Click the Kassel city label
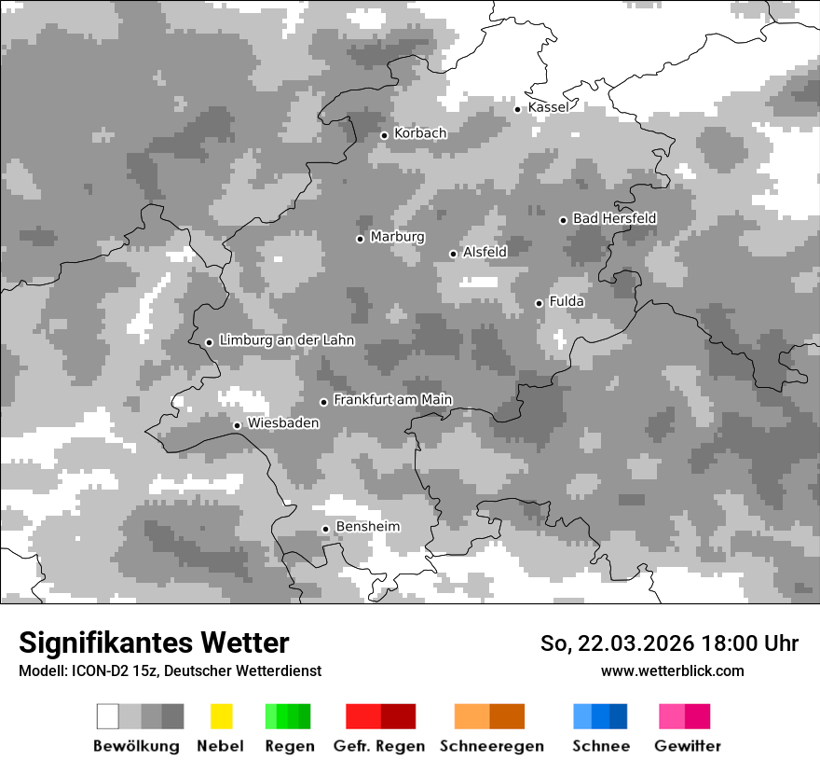point(548,107)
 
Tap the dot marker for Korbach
point(384,135)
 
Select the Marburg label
point(397,237)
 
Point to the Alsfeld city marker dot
point(453,254)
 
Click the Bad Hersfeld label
point(614,218)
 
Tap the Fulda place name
point(567,301)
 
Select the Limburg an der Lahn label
point(286,340)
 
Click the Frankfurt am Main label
point(392,400)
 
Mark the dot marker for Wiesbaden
point(237,425)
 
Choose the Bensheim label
point(367,527)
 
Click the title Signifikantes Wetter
point(154,643)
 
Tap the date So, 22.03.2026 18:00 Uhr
point(669,643)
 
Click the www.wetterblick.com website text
point(672,670)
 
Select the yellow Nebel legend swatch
point(221,716)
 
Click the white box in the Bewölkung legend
point(108,716)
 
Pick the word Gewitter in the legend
point(687,746)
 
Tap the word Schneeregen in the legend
point(491,746)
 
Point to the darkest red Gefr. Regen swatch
point(398,716)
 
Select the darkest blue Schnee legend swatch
point(618,716)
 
